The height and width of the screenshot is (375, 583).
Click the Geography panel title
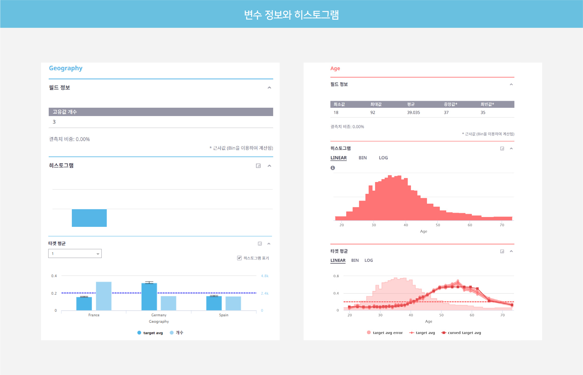tap(66, 68)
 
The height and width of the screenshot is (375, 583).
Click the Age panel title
tap(335, 69)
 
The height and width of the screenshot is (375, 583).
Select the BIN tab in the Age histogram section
tap(363, 158)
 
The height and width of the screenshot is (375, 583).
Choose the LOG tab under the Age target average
tap(368, 260)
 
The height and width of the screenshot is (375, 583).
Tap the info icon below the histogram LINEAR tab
tap(333, 168)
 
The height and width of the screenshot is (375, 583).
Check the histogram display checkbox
tap(239, 258)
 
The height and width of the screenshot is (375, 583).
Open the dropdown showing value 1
tap(75, 254)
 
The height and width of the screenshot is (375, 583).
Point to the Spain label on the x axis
tap(224, 315)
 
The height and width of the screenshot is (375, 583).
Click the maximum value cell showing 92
tap(373, 113)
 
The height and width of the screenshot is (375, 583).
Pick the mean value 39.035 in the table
tap(413, 113)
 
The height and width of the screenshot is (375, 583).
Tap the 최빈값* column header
tap(487, 104)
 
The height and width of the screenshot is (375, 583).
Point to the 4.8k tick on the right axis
tap(265, 276)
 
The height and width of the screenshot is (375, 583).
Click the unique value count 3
tap(54, 122)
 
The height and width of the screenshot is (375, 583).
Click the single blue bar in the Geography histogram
tap(89, 218)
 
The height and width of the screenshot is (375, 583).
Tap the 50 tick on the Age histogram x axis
tap(438, 225)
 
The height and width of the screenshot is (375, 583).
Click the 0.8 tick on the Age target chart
tap(336, 276)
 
